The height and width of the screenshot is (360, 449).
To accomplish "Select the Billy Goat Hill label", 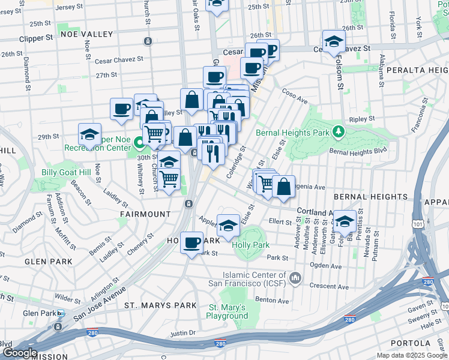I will pos(66,173).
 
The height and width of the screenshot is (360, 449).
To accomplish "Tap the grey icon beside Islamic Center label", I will pos(295,278).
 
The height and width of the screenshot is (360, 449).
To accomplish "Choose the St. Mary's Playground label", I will pos(228,311).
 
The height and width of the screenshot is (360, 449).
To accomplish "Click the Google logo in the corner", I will pos(19,353).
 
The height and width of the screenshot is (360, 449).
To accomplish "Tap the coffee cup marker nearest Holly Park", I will pos(191,242).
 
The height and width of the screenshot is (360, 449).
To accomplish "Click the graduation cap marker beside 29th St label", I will pos(89,134).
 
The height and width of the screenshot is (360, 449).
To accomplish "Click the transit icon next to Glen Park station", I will pos(61,313).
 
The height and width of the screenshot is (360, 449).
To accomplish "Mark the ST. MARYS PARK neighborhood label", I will pos(160,305).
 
